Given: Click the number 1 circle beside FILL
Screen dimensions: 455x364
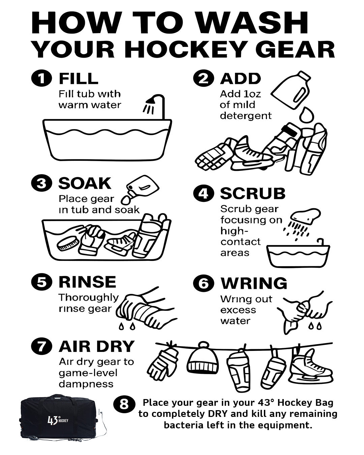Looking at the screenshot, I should (41, 79).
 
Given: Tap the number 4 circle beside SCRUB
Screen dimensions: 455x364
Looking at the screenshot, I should (203, 194).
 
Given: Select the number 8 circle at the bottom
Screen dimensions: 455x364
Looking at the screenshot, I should (124, 404).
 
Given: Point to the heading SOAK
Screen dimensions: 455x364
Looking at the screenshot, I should (85, 184).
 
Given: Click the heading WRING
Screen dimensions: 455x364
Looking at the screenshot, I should (253, 283).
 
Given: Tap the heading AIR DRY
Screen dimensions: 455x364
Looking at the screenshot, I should (96, 346).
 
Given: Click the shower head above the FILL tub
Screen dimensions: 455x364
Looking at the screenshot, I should (151, 101).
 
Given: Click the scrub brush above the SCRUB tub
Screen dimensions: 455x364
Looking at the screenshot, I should (305, 216).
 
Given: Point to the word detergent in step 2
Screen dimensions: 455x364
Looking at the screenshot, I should (246, 116).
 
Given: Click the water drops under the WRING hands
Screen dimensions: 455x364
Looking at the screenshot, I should (315, 326).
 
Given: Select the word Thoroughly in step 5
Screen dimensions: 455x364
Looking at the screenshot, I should (89, 297).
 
